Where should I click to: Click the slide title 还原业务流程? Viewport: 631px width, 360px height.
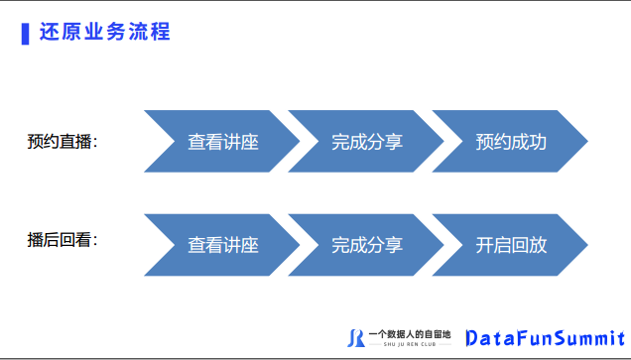[104, 32]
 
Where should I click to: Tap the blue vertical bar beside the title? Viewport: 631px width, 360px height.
[26, 34]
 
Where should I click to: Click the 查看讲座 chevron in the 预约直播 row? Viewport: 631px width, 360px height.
[222, 141]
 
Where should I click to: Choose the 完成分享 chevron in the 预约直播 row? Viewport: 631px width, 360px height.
[366, 141]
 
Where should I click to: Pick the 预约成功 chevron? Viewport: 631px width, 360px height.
[510, 141]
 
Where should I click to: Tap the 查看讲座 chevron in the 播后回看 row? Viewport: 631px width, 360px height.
[222, 245]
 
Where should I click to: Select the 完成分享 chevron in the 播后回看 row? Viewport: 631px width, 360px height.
[366, 245]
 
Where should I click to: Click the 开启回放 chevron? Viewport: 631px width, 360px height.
[510, 245]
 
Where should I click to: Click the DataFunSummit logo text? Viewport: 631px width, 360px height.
[546, 338]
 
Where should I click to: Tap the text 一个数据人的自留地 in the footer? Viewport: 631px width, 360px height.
[410, 334]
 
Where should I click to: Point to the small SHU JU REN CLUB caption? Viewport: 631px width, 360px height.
[410, 344]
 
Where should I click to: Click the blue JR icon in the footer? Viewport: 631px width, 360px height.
[356, 338]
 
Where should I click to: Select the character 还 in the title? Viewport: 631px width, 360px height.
[49, 32]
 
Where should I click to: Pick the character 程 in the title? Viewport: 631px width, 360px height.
[160, 32]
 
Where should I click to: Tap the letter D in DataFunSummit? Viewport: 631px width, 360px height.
[471, 338]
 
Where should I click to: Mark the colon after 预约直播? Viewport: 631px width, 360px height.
[95, 143]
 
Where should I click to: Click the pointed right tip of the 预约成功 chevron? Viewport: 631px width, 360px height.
[587, 141]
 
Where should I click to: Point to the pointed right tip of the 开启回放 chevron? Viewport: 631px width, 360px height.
[587, 245]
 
